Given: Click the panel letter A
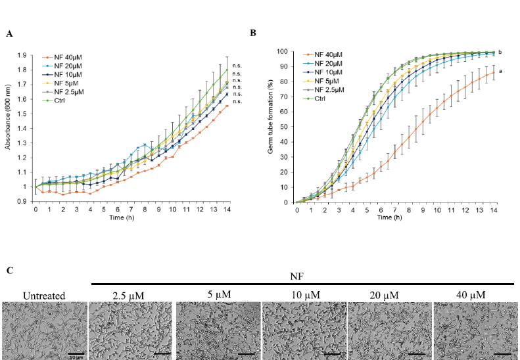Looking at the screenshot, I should tap(9, 33).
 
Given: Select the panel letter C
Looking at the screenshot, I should tap(9, 269).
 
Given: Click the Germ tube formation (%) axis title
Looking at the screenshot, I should tap(270, 127).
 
